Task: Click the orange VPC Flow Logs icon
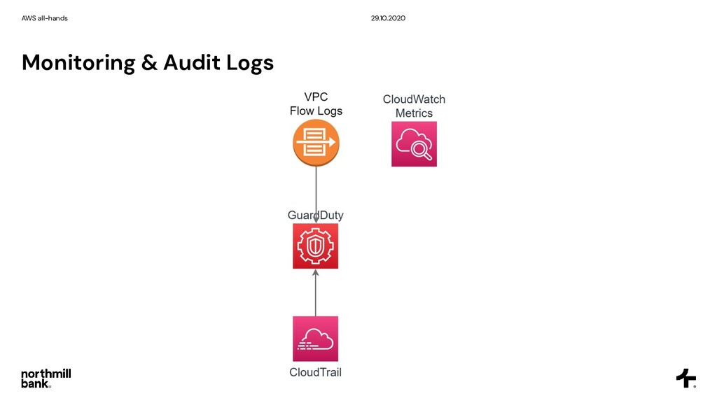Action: [316, 143]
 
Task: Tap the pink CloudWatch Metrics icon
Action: [414, 143]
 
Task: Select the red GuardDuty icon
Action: [315, 246]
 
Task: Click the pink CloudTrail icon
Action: [315, 339]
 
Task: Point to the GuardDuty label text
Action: [316, 215]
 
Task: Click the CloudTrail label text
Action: [315, 372]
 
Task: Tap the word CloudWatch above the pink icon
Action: [414, 99]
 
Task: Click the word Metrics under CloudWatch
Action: [414, 113]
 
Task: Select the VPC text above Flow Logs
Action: [316, 97]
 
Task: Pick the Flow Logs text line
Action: [316, 111]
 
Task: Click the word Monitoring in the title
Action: [78, 63]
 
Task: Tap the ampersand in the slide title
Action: [149, 63]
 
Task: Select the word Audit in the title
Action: [192, 63]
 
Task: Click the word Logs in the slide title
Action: [250, 64]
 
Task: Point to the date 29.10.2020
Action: [388, 17]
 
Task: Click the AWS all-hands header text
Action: [45, 17]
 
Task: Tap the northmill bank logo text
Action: [46, 378]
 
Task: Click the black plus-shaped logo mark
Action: [685, 378]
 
